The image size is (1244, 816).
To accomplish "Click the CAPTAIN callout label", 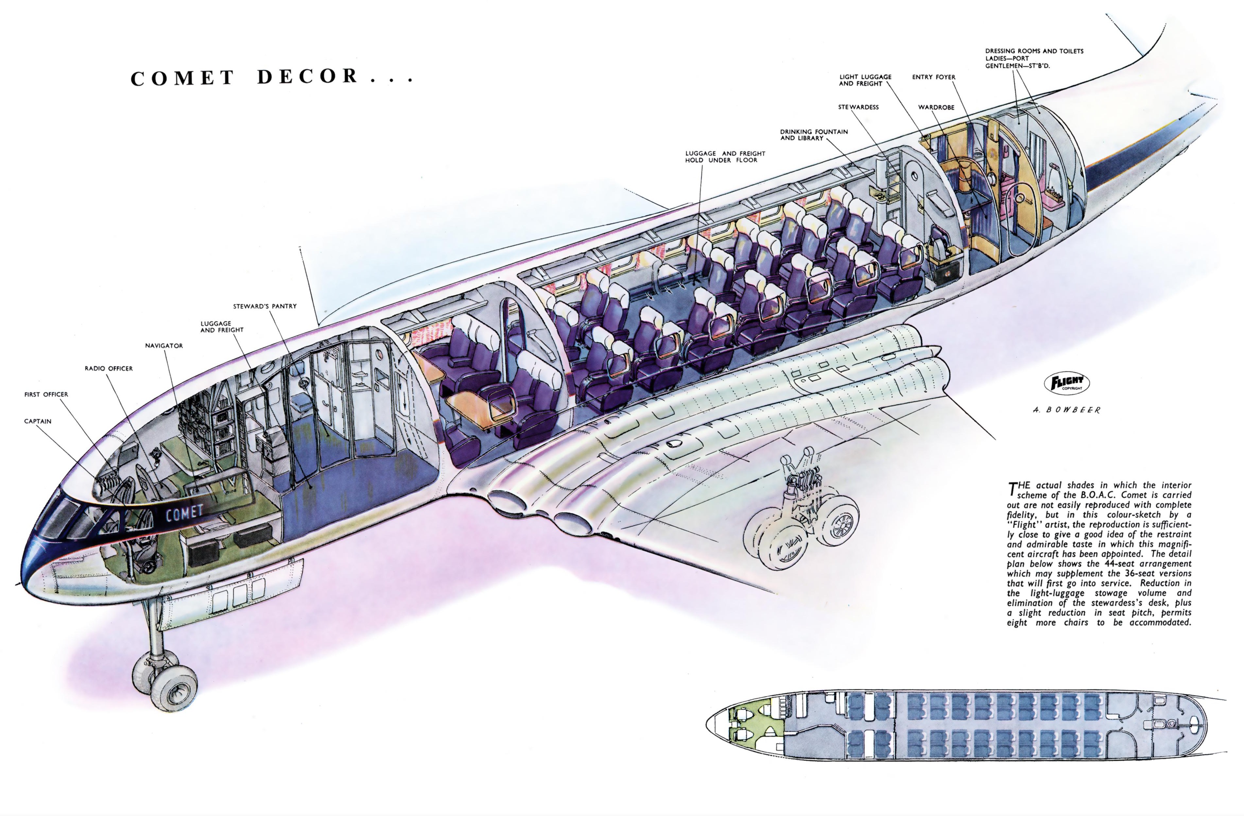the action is [38, 421].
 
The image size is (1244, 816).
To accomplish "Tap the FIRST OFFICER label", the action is [46, 395].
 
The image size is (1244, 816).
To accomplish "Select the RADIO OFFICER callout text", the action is [109, 369].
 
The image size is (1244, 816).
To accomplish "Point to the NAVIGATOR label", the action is [164, 345].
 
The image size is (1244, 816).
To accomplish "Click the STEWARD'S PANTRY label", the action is [265, 306].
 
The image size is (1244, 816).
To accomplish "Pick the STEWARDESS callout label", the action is [858, 107].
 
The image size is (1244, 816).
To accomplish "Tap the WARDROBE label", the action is [936, 107].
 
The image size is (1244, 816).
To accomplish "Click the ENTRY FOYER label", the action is [934, 77].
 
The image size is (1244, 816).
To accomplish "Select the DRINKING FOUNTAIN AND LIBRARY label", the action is [814, 135].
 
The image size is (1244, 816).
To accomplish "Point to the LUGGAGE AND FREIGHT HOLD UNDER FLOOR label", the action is [725, 157].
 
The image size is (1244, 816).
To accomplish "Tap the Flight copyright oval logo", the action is [1067, 383].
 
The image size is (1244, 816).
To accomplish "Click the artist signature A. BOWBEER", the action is [1067, 410].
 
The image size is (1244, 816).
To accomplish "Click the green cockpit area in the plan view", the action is [753, 724].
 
